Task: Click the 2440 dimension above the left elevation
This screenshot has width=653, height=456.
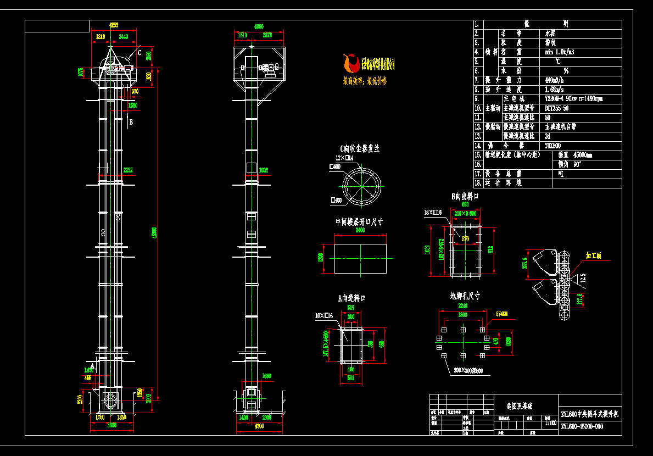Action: click(x=123, y=36)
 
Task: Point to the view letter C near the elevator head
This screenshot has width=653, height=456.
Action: click(x=139, y=53)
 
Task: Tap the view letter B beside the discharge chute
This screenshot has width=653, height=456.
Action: click(x=131, y=122)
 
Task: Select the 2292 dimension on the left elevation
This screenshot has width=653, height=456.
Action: click(x=128, y=170)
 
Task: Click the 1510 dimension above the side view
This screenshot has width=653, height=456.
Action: click(x=242, y=35)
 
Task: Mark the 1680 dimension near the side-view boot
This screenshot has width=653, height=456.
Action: click(x=267, y=376)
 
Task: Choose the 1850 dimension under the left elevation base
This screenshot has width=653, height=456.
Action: click(x=122, y=417)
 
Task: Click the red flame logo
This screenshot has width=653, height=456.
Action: click(x=349, y=63)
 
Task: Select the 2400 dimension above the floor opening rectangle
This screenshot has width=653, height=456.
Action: click(x=360, y=231)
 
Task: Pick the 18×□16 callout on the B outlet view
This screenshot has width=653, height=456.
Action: click(x=433, y=212)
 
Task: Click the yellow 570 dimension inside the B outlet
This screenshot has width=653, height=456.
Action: click(x=466, y=238)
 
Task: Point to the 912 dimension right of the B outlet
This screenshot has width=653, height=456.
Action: click(x=491, y=248)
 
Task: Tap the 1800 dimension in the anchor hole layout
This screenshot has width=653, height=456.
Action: click(x=462, y=315)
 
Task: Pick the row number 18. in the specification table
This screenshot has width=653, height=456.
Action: click(x=478, y=183)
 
